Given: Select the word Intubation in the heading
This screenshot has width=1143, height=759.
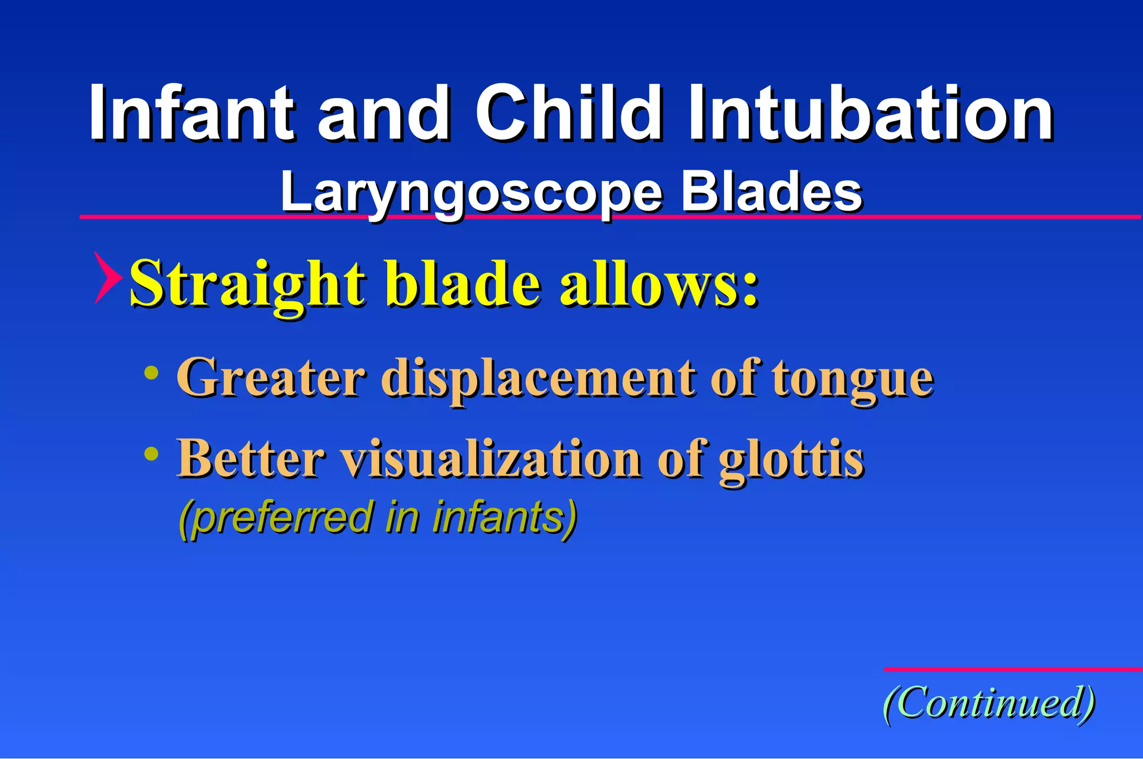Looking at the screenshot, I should [x=871, y=113].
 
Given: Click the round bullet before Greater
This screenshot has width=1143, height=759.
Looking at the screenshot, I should [x=151, y=373].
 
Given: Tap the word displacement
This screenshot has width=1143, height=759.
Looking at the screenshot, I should [x=539, y=379].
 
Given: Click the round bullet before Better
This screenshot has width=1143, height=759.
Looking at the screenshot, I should [x=151, y=454].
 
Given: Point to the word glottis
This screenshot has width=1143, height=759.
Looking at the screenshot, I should [x=791, y=460].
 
